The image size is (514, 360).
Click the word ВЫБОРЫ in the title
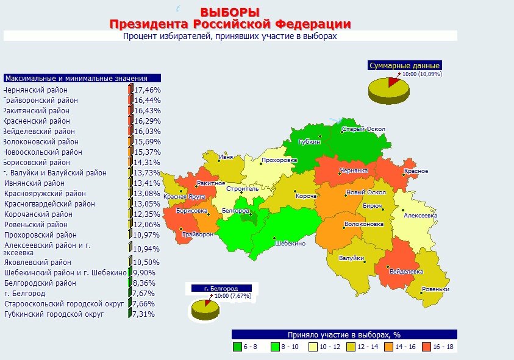click(230, 12)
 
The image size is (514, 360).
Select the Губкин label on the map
click(310, 142)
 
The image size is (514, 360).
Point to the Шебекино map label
click(290, 244)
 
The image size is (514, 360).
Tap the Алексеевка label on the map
click(421, 216)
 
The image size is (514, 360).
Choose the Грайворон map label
click(198, 234)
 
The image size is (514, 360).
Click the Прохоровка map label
click(279, 161)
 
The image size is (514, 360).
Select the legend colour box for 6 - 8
click(237, 347)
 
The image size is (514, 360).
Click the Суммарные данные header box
click(404, 65)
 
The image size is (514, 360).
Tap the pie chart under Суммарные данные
click(388, 90)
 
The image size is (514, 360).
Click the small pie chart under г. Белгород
click(205, 309)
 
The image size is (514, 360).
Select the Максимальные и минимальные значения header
click(82, 78)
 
